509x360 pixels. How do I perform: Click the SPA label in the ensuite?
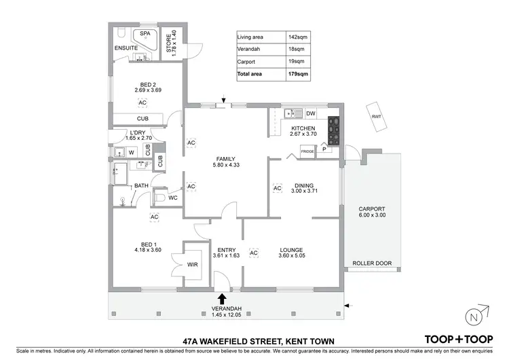(145, 33)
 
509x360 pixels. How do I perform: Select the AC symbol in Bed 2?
(142, 103)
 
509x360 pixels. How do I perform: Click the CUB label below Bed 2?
(142, 118)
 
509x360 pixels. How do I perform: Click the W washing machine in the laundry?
(131, 151)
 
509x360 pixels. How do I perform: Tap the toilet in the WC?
(159, 197)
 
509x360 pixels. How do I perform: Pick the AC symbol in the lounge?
(254, 253)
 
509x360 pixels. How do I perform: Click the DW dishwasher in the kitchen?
(311, 113)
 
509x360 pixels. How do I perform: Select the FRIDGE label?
(307, 151)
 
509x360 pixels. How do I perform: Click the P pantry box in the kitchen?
(324, 149)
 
